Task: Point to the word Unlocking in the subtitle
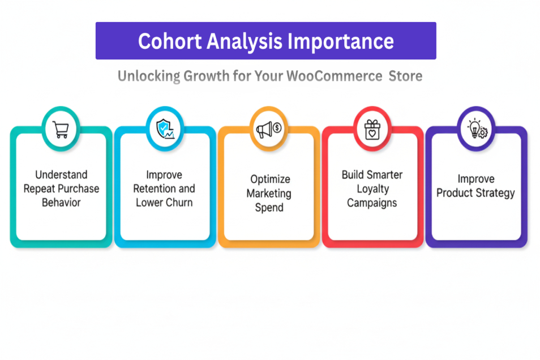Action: [x=149, y=76]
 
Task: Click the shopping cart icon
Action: [x=61, y=130]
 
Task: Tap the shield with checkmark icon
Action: [x=165, y=130]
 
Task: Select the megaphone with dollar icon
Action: [x=269, y=130]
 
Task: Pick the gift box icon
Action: [x=372, y=130]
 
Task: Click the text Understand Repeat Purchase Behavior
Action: [x=61, y=188]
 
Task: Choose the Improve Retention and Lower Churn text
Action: [x=164, y=188]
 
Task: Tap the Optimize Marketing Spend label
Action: [x=269, y=193]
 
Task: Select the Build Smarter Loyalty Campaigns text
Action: [x=372, y=188]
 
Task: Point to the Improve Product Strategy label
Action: [x=476, y=186]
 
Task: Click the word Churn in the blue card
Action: [x=179, y=203]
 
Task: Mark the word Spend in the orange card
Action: [x=269, y=208]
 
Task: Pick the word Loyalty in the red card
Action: [x=372, y=188]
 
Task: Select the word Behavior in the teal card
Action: [x=61, y=203]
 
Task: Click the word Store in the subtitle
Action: [x=405, y=76]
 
